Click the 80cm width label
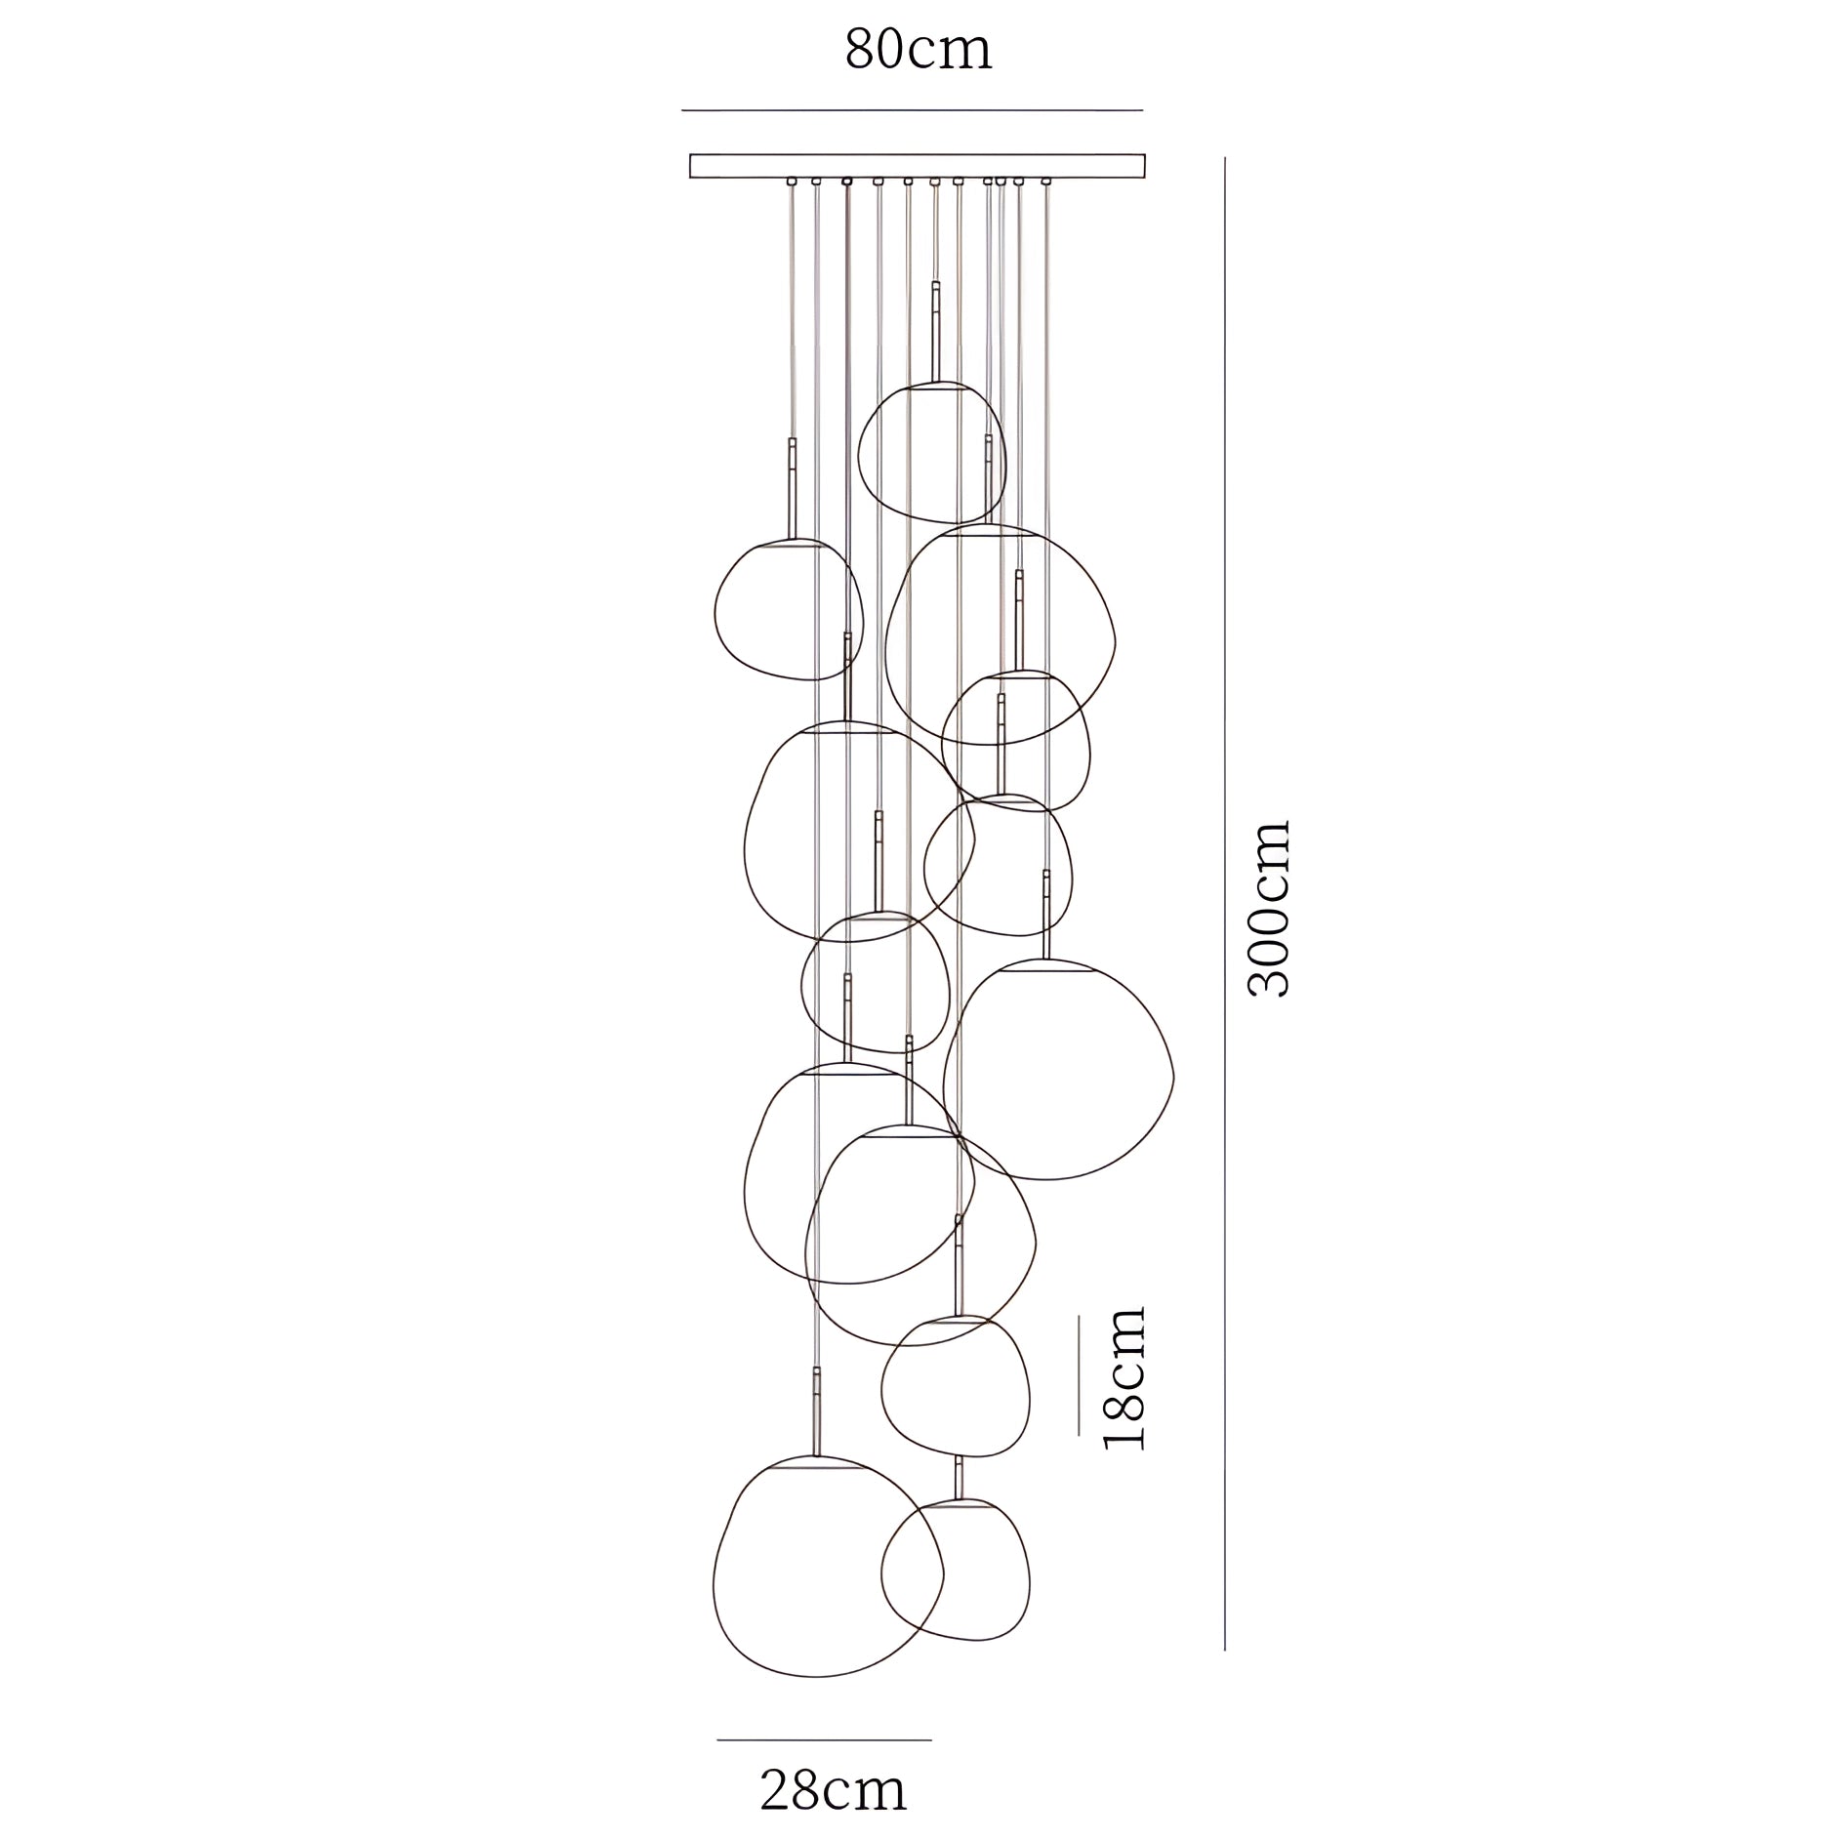(918, 50)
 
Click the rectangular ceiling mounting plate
(918, 166)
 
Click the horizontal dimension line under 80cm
(912, 110)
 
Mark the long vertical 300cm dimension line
(1225, 903)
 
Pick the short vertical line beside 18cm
(1079, 1374)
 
